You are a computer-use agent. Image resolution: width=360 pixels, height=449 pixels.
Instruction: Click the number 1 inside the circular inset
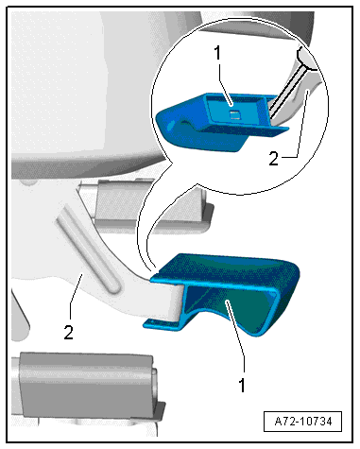(x=217, y=53)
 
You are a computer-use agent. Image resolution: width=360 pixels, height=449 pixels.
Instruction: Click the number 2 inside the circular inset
(x=273, y=158)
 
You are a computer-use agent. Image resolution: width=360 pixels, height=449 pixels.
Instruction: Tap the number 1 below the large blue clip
(x=242, y=385)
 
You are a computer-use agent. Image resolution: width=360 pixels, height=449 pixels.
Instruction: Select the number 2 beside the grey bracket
(x=69, y=332)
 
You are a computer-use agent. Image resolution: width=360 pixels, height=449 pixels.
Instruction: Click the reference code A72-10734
(x=303, y=421)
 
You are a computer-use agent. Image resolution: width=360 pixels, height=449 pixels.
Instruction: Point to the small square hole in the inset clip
(x=233, y=114)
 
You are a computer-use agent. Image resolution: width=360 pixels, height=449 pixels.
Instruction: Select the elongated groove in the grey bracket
(x=88, y=250)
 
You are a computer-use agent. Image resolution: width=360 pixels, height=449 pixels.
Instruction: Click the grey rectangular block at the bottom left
(x=85, y=383)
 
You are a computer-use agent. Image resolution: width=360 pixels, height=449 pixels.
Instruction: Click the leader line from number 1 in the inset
(x=226, y=83)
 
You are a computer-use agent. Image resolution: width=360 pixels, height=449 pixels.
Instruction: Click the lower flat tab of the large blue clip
(x=162, y=324)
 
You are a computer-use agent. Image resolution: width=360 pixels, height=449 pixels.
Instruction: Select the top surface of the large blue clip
(x=227, y=268)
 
